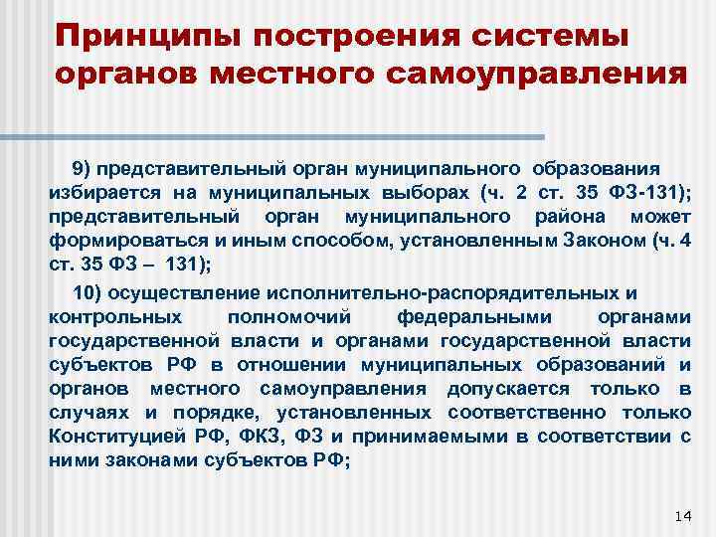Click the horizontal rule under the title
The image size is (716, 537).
tap(298, 136)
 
